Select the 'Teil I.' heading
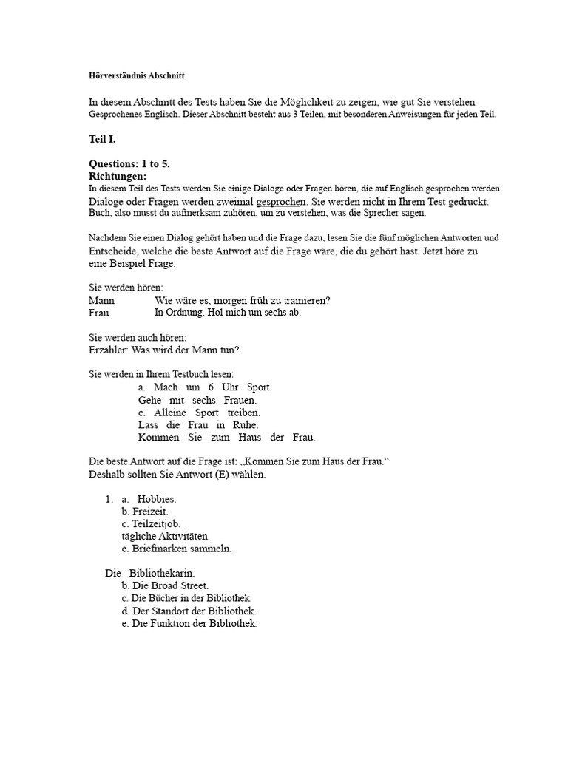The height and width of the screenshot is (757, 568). [102, 139]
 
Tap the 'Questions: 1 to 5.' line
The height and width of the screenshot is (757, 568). [129, 164]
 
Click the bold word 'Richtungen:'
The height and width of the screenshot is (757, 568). [118, 177]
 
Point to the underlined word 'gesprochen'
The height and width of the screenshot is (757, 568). [281, 201]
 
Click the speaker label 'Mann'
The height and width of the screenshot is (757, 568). [101, 300]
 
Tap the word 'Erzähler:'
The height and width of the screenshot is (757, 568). [108, 350]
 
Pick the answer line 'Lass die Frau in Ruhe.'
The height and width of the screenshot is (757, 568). [198, 425]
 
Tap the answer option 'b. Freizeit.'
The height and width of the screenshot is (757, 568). [145, 512]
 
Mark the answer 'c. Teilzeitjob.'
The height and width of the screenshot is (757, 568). [151, 523]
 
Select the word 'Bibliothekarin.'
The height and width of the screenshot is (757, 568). [162, 573]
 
